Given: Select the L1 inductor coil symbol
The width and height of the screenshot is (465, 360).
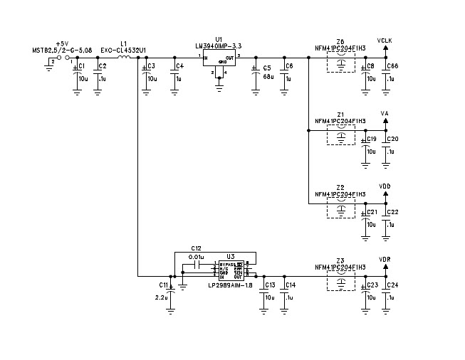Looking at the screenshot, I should click(x=124, y=57).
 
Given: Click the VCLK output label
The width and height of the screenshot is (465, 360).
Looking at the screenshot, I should click(x=385, y=41).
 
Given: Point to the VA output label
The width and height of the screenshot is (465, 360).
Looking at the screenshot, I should click(x=385, y=113).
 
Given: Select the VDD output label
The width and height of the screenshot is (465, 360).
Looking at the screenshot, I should click(x=385, y=186).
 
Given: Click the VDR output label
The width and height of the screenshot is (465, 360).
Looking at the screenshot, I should click(x=385, y=260).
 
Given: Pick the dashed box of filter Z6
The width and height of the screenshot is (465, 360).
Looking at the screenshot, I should click(x=341, y=63).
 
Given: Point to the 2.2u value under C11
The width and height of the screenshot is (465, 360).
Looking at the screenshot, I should click(x=161, y=297).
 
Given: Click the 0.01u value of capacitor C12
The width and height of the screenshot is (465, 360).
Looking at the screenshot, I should click(x=197, y=256).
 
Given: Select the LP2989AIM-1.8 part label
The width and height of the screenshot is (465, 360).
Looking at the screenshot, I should click(x=230, y=285).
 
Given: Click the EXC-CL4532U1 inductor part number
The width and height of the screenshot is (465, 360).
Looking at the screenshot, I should click(x=123, y=50).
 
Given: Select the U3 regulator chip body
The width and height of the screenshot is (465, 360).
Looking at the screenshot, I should click(x=230, y=268).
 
